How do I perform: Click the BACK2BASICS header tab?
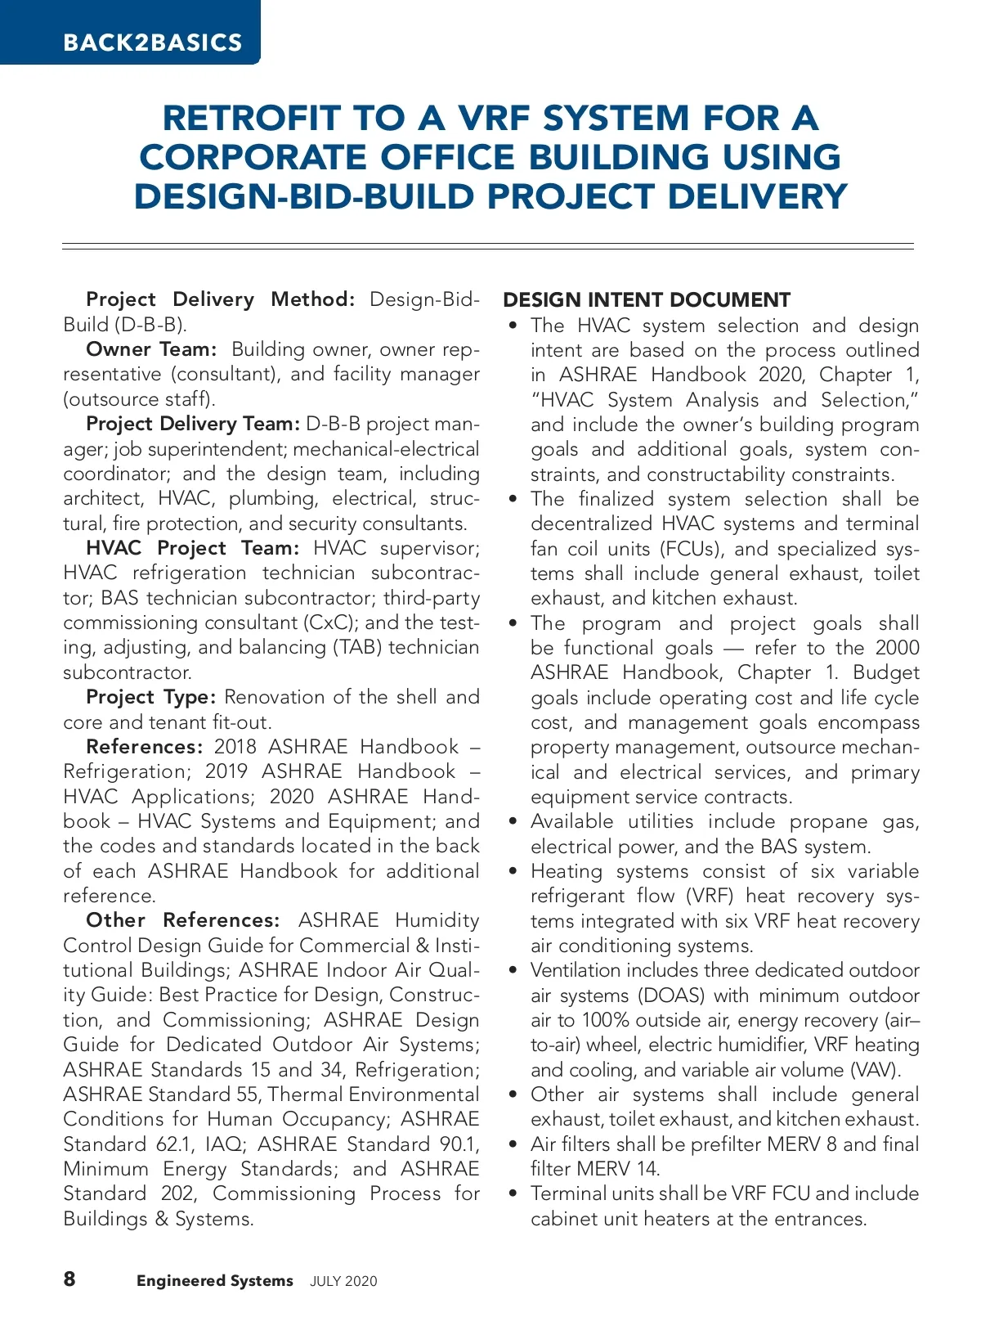pyautogui.click(x=152, y=43)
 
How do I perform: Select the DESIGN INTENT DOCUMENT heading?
pyautogui.click(x=647, y=299)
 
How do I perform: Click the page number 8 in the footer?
pyautogui.click(x=69, y=1279)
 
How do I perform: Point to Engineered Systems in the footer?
pyautogui.click(x=214, y=1281)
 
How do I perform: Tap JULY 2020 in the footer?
pyautogui.click(x=343, y=1282)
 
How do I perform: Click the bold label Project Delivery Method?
pyautogui.click(x=220, y=299)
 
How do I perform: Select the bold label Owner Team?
pyautogui.click(x=151, y=349)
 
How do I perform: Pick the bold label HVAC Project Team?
pyautogui.click(x=193, y=548)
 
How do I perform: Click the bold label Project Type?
pyautogui.click(x=150, y=697)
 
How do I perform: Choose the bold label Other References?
pyautogui.click(x=182, y=920)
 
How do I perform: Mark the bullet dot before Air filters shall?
pyautogui.click(x=513, y=1144)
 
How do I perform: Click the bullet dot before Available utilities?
pyautogui.click(x=513, y=822)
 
